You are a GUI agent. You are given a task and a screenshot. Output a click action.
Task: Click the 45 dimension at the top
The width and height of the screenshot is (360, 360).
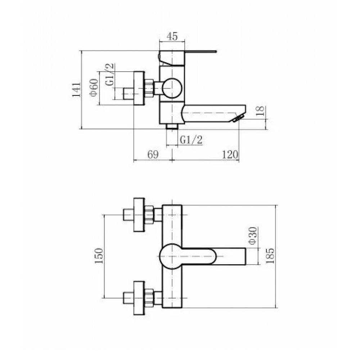coord(172,36)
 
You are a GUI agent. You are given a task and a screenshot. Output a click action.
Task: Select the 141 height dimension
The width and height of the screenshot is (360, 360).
coord(76,90)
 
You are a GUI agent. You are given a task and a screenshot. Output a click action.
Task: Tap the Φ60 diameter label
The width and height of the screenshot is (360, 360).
coord(94,87)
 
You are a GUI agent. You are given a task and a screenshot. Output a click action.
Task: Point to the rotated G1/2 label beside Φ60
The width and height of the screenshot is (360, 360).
coord(110,75)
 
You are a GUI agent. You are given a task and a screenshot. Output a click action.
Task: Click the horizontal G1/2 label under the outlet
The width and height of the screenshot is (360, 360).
coord(191,140)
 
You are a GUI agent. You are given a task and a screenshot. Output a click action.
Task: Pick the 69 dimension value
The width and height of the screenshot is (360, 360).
coord(153,154)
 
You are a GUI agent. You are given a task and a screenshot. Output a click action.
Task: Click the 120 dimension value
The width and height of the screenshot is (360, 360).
coord(230,154)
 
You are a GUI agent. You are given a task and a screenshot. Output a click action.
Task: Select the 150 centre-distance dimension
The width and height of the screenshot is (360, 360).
coord(99,256)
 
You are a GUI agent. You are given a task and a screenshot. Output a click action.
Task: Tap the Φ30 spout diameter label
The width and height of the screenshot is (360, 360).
coord(252,236)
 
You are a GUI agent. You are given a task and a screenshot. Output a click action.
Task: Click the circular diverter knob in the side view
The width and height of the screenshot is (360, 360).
coord(172,88)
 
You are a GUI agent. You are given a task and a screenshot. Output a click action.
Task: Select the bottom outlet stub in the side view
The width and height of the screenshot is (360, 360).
coord(172,126)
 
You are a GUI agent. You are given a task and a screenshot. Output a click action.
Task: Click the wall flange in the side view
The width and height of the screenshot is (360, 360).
coord(139,88)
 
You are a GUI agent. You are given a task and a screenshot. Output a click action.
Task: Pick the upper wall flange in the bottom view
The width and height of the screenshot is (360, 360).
coord(139,215)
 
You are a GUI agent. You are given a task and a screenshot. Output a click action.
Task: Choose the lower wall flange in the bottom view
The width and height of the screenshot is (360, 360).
coord(139,298)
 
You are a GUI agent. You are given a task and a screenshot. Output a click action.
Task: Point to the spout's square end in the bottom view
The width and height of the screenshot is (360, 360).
coord(245,256)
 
